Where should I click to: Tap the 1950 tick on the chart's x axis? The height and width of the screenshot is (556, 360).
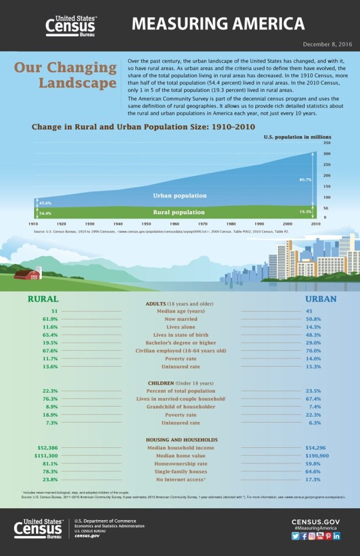click(x=145, y=224)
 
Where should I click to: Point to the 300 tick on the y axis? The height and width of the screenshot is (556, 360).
click(x=326, y=154)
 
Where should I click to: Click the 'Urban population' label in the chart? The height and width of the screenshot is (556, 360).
click(x=179, y=196)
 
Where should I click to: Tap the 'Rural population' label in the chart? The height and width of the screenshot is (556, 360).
click(x=179, y=212)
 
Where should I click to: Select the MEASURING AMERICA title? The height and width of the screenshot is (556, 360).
click(x=218, y=25)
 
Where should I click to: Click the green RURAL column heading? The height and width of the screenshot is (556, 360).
click(x=43, y=299)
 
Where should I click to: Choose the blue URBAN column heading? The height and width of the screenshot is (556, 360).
click(x=320, y=299)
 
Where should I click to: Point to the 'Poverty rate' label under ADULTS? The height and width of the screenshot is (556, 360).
click(x=180, y=359)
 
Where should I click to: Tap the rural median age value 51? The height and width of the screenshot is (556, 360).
click(x=53, y=311)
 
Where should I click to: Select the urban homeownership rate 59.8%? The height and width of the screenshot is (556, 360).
click(x=313, y=463)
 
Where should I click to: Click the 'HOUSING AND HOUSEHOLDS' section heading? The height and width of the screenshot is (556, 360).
click(x=181, y=440)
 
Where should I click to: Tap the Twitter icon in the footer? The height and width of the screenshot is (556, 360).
click(x=295, y=536)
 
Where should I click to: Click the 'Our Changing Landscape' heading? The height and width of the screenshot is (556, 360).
click(x=66, y=75)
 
